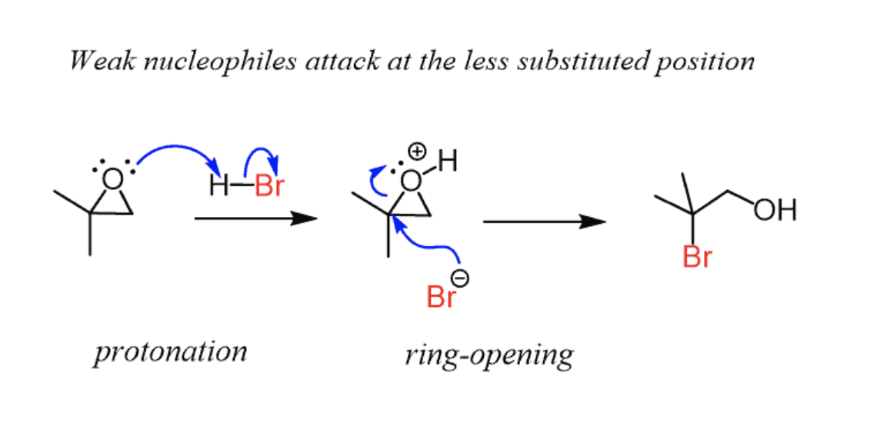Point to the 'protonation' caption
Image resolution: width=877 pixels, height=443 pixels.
coord(171,352)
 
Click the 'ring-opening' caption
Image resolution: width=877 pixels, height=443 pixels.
coord(489,355)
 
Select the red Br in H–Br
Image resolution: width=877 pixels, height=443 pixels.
coord(268,187)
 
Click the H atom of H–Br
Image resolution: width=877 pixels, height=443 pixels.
coord(218,187)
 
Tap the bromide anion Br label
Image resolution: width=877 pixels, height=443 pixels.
coord(441,297)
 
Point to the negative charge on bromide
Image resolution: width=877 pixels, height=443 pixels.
coord(462,278)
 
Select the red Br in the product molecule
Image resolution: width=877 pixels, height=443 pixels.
coord(697,258)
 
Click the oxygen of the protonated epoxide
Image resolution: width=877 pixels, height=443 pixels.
coord(412,181)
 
